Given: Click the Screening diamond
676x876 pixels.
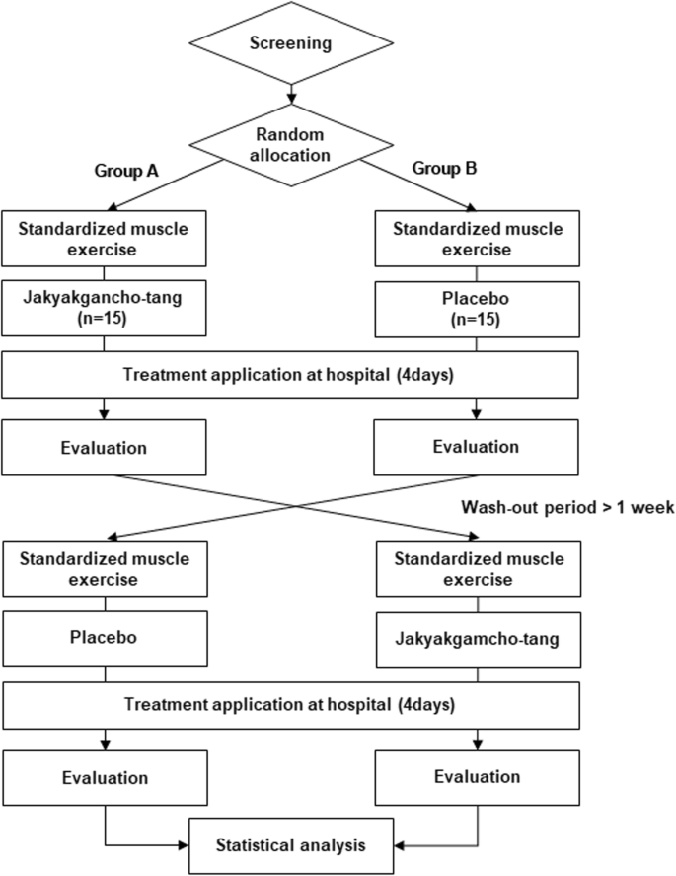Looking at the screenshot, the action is [291, 42].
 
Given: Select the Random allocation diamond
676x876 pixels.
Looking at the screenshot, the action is [291, 145].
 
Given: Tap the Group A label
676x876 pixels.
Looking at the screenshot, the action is [126, 171].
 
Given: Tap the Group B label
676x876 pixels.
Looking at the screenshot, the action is [444, 168].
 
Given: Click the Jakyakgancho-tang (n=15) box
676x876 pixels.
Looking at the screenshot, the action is [104, 308].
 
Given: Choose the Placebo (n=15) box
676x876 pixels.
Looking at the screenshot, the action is [477, 309].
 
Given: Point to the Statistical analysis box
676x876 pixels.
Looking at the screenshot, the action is [291, 845].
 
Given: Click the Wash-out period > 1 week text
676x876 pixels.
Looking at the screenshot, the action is [567, 507].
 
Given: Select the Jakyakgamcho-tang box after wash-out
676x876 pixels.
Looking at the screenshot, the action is [479, 639].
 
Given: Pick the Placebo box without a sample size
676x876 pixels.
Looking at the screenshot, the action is [105, 638].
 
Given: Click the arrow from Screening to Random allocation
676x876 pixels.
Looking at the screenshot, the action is [291, 94].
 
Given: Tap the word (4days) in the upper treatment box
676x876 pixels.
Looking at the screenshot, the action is [425, 374].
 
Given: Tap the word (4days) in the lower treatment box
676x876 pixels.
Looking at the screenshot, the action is [427, 704].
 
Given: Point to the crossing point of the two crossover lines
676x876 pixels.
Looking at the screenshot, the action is [296, 506].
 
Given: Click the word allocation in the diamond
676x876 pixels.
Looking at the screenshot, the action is [290, 155].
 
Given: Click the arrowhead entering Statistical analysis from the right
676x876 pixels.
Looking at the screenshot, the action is [399, 845].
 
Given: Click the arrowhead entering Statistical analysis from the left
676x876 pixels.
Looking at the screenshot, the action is [184, 845].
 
